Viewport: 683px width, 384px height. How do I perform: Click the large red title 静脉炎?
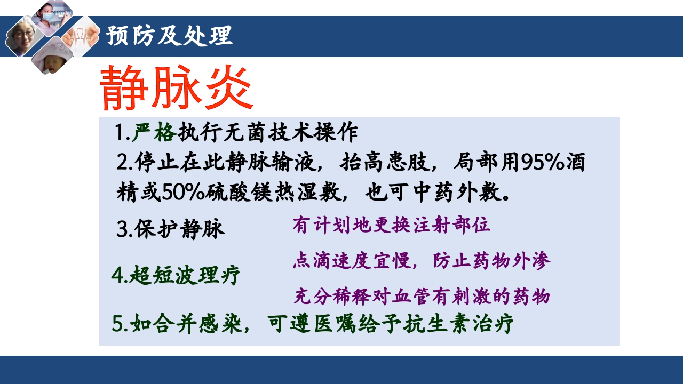(x=176, y=89)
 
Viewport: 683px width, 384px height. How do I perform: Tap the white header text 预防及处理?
(x=169, y=36)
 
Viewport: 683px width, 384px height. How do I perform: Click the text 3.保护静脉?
(x=171, y=229)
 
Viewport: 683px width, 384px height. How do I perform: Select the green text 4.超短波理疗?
(x=176, y=276)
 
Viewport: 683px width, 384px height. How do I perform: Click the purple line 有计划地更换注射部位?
(x=391, y=226)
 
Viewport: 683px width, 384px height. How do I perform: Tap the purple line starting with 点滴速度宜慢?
(x=422, y=261)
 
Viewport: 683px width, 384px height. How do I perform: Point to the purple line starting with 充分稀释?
(x=422, y=296)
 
